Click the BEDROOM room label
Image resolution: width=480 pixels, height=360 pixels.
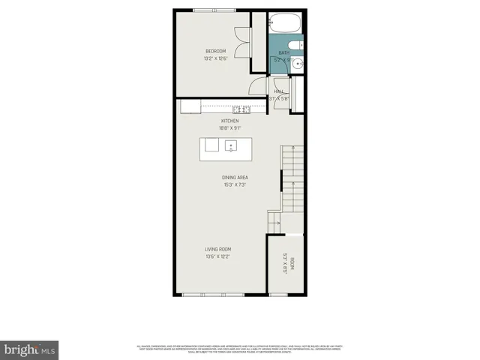(x=216, y=51)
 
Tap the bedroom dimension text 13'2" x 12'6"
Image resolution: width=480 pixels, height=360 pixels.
(x=216, y=59)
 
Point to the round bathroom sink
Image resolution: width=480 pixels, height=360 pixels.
(x=297, y=64)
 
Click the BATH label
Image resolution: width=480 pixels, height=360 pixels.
(x=283, y=52)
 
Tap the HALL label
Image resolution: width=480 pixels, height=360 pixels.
(x=278, y=91)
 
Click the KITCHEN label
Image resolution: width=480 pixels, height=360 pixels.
(x=229, y=120)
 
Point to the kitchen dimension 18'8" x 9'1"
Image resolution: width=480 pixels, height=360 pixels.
(x=229, y=127)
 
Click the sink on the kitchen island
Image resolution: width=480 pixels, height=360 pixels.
(x=232, y=145)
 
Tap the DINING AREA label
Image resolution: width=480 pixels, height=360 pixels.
(x=235, y=177)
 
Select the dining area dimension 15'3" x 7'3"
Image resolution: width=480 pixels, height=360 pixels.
(x=235, y=184)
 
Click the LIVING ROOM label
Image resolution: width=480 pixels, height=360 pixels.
(x=218, y=249)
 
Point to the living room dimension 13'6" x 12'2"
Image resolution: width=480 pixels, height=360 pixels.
(x=218, y=256)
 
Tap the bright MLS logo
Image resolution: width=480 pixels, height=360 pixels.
(x=30, y=349)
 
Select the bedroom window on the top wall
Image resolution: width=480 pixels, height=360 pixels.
(x=212, y=10)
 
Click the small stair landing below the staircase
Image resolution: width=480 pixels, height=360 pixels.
(x=274, y=221)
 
